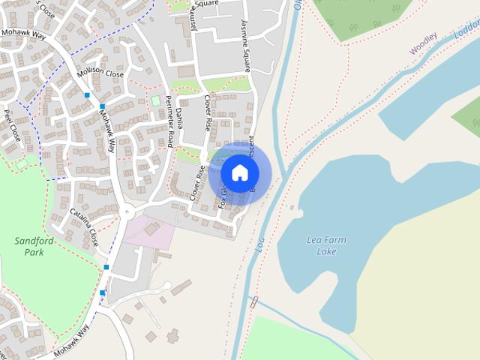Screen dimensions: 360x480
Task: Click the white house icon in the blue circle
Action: click(x=240, y=173)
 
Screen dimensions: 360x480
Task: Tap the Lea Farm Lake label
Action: click(x=327, y=245)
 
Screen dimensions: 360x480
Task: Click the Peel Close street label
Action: click(x=13, y=126)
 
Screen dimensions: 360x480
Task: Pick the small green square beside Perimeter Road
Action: click(x=156, y=100)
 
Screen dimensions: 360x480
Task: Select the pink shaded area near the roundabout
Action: click(x=150, y=232)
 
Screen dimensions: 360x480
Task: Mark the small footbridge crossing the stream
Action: click(x=254, y=302)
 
